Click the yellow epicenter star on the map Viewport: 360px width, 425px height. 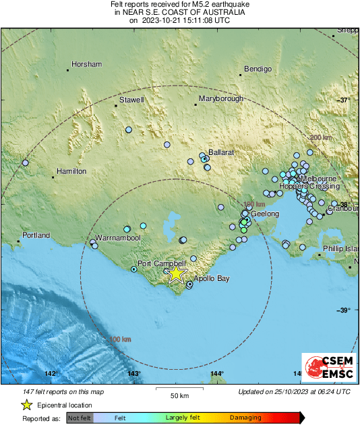pyautogui.click(x=176, y=273)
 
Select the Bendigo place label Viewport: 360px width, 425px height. pyautogui.click(x=258, y=69)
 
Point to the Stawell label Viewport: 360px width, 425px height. pyautogui.click(x=131, y=100)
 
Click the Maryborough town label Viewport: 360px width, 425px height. pyautogui.click(x=220, y=99)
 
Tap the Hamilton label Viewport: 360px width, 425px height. pyautogui.click(x=71, y=172)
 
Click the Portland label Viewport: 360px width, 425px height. pyautogui.click(x=36, y=236)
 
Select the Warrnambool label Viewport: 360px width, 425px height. pyautogui.click(x=117, y=238)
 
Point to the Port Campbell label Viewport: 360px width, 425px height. pyautogui.click(x=156, y=263)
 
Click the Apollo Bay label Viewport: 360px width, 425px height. pyautogui.click(x=212, y=278)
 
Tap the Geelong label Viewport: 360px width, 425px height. pyautogui.click(x=265, y=214)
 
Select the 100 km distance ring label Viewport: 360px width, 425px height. pyautogui.click(x=119, y=339)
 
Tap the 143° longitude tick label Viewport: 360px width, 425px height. pyautogui.click(x=134, y=373)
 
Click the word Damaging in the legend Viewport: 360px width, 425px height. pyautogui.click(x=246, y=418)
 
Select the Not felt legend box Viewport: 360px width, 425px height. pyautogui.click(x=79, y=418)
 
